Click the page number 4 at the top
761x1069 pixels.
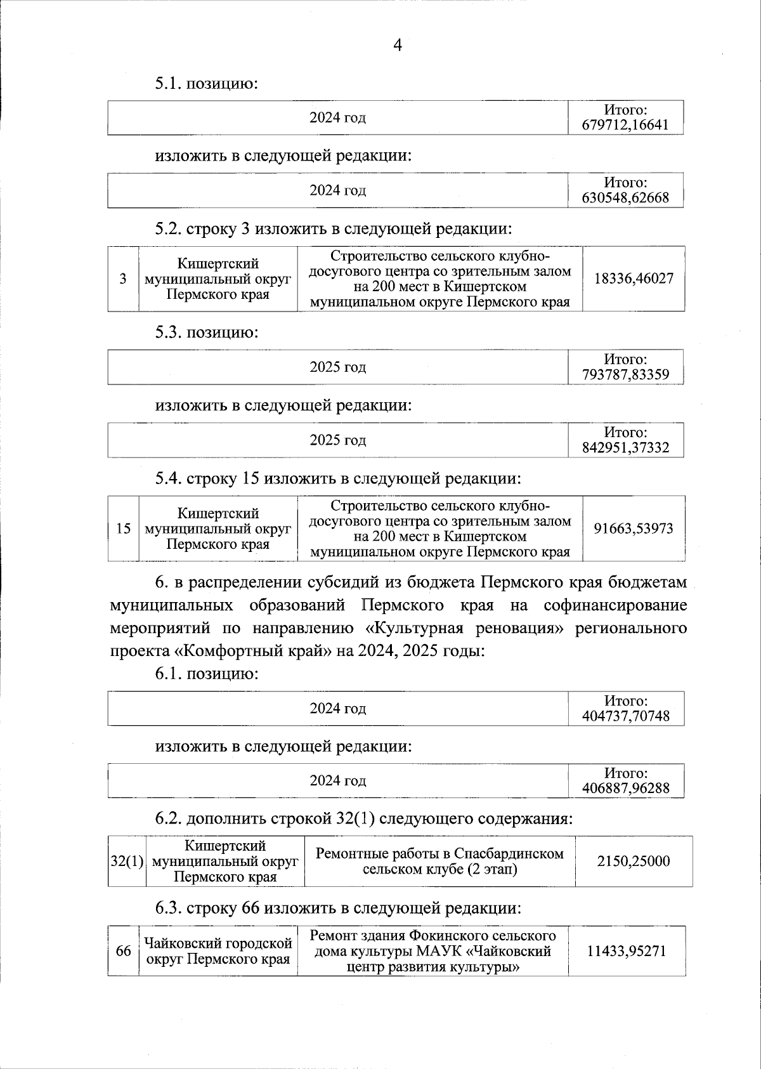[398, 45]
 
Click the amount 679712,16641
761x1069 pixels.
[625, 125]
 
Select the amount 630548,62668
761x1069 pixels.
[625, 198]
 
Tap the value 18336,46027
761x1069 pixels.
[634, 278]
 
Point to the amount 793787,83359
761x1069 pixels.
[625, 375]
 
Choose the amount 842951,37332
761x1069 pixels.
[625, 448]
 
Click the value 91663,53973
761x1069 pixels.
[634, 528]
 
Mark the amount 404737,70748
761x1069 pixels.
[625, 717]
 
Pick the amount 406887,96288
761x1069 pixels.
[625, 789]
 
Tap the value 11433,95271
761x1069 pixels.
[627, 951]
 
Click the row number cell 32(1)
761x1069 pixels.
[127, 861]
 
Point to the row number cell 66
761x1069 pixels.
[123, 951]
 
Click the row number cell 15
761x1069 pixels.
[124, 528]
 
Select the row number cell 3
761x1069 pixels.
[123, 278]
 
